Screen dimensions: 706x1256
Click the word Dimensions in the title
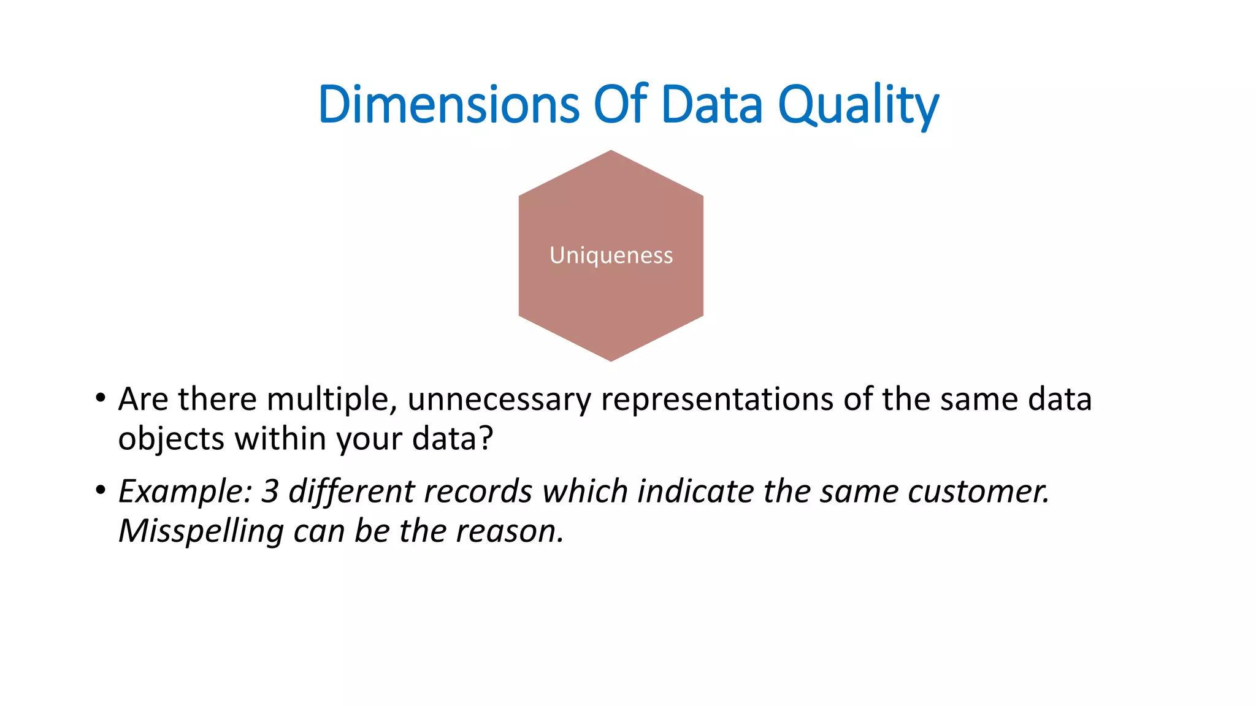448,105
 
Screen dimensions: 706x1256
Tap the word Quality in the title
858,105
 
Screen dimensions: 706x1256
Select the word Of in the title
620,105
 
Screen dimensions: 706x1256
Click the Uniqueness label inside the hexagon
611,256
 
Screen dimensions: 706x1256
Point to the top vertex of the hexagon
611,151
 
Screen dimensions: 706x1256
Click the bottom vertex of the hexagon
611,360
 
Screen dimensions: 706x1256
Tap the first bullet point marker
101,399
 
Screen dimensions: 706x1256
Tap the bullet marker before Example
101,491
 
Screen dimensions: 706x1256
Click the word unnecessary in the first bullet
499,400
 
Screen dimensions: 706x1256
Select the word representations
718,400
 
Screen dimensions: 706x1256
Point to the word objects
171,439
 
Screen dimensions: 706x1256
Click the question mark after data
486,438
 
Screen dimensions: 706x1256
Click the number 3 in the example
270,492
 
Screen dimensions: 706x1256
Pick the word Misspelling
201,531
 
